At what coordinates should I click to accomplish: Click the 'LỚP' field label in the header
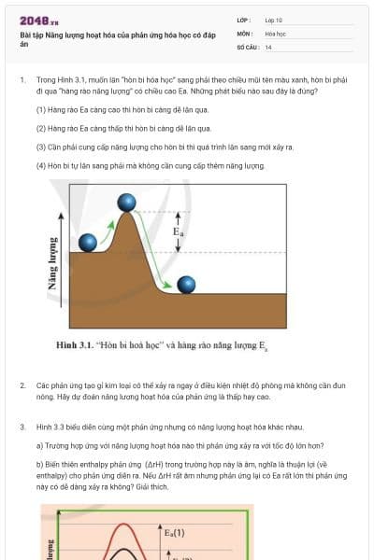pos(242,20)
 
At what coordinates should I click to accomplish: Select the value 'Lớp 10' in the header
pos(274,20)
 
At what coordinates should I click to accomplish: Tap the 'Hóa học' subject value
pos(276,33)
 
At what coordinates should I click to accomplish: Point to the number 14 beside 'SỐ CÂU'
pos(268,47)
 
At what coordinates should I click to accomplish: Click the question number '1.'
pos(22,81)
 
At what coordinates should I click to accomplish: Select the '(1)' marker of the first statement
pos(41,109)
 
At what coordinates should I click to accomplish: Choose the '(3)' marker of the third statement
pos(41,147)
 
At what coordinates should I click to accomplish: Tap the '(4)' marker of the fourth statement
pos(41,165)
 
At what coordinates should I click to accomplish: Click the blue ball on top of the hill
pos(127,202)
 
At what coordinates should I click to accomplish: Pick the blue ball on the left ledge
pos(88,243)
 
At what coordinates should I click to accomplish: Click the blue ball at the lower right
pos(186,285)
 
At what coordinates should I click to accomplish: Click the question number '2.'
pos(22,385)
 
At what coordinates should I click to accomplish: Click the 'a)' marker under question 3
pos(39,444)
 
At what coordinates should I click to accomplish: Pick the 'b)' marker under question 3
pos(39,463)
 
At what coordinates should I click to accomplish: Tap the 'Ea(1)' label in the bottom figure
pos(175,533)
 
